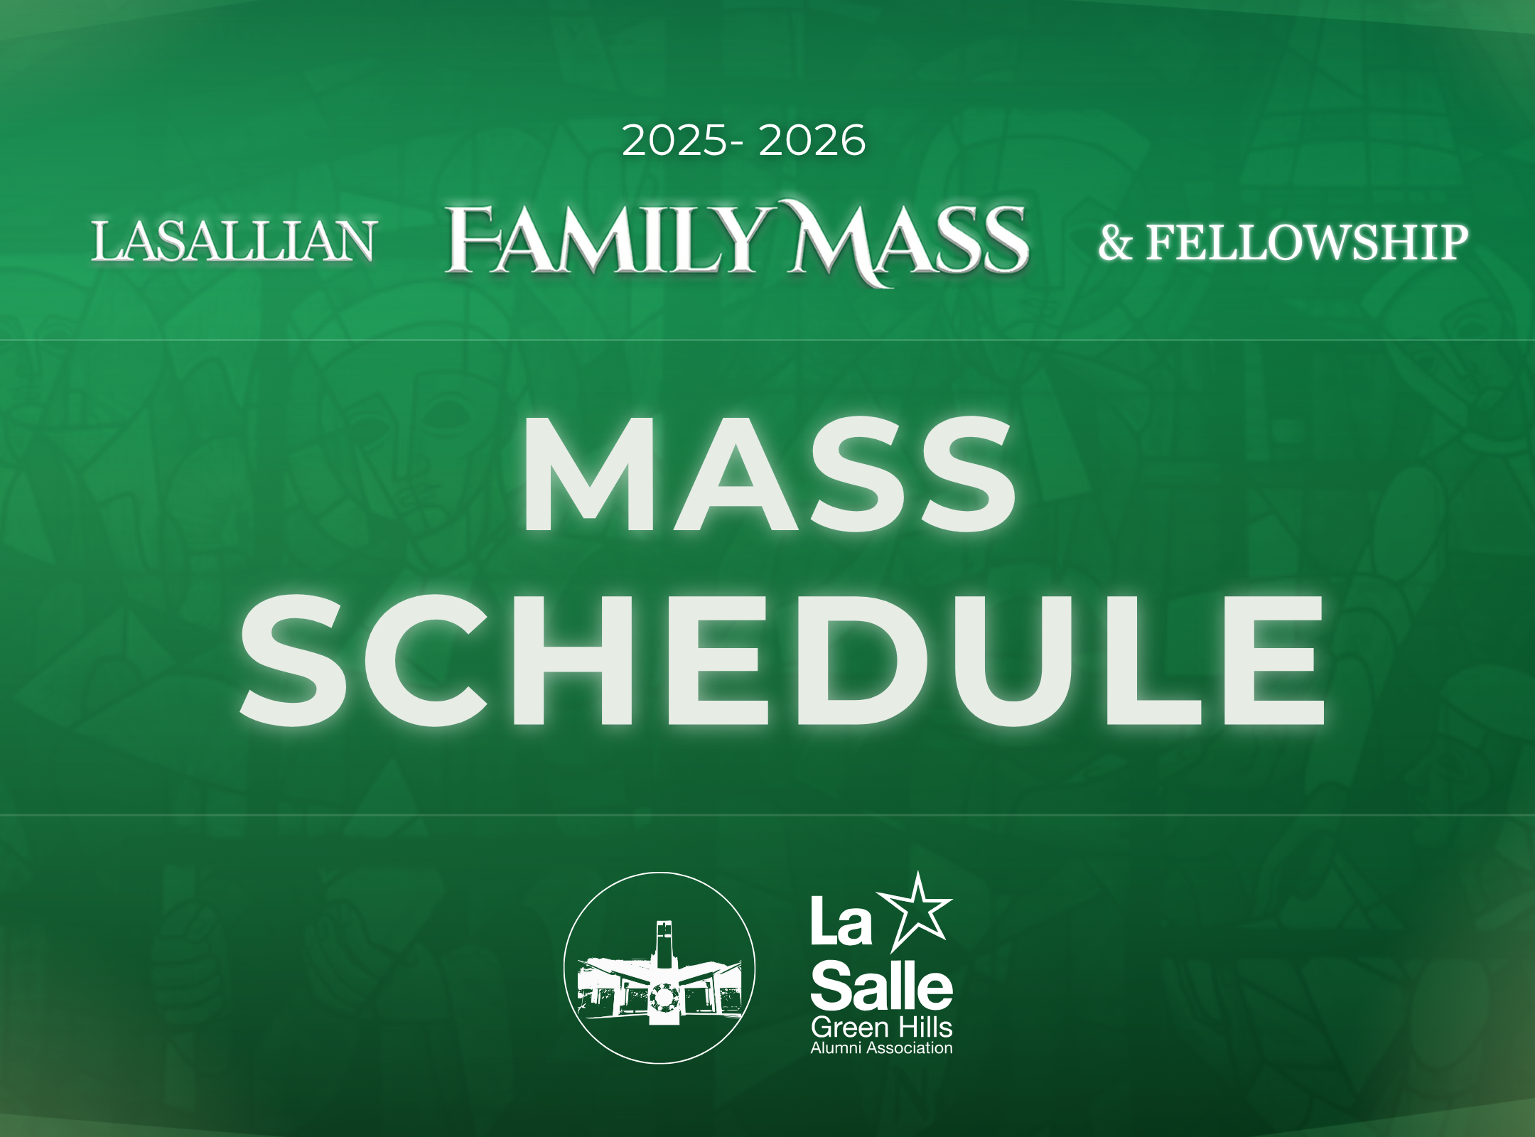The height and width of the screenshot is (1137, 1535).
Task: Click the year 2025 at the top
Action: [x=674, y=141]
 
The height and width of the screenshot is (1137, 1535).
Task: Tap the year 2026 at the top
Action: [x=812, y=141]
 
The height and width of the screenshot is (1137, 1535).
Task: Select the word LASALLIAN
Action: [x=233, y=241]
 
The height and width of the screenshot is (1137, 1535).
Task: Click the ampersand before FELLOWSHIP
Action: [x=1115, y=243]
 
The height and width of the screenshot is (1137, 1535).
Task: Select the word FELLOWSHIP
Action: [x=1307, y=242]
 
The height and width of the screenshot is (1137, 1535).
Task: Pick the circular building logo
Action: [x=659, y=967]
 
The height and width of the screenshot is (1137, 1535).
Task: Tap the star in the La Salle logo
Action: [x=919, y=911]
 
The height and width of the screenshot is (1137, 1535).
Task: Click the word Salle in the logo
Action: [x=881, y=985]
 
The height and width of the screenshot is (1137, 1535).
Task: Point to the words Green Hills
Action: [x=881, y=1028]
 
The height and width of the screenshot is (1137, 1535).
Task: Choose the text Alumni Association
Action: [x=881, y=1047]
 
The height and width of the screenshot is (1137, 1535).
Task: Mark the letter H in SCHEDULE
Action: [x=566, y=660]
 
